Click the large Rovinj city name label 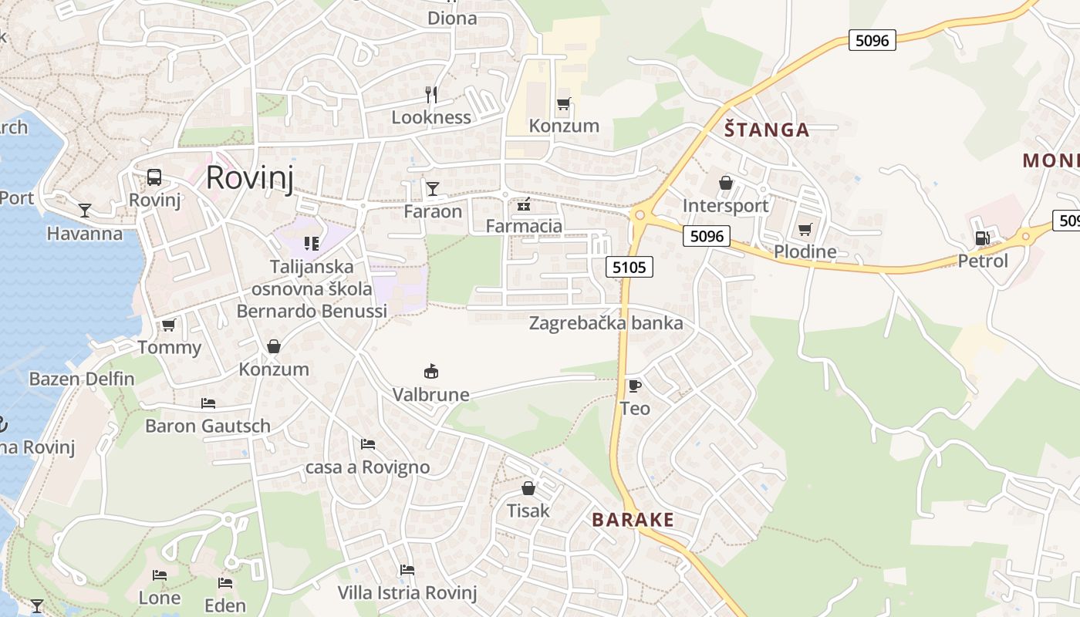point(250,177)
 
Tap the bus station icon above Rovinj point(154,177)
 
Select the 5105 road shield point(629,268)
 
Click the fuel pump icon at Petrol point(982,238)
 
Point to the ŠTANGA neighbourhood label point(767,130)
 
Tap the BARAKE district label point(633,520)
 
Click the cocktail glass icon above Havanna point(85,210)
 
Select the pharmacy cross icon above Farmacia point(524,204)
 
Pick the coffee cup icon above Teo point(634,386)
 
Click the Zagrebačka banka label point(606,323)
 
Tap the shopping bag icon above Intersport point(725,184)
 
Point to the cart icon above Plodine point(805,229)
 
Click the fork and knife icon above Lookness point(431,95)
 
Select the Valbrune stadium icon point(431,372)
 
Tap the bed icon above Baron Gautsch point(208,403)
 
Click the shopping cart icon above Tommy point(169,325)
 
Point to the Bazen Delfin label point(82,379)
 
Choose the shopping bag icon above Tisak point(528,488)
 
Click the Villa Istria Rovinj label point(407,593)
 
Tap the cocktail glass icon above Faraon point(432,188)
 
